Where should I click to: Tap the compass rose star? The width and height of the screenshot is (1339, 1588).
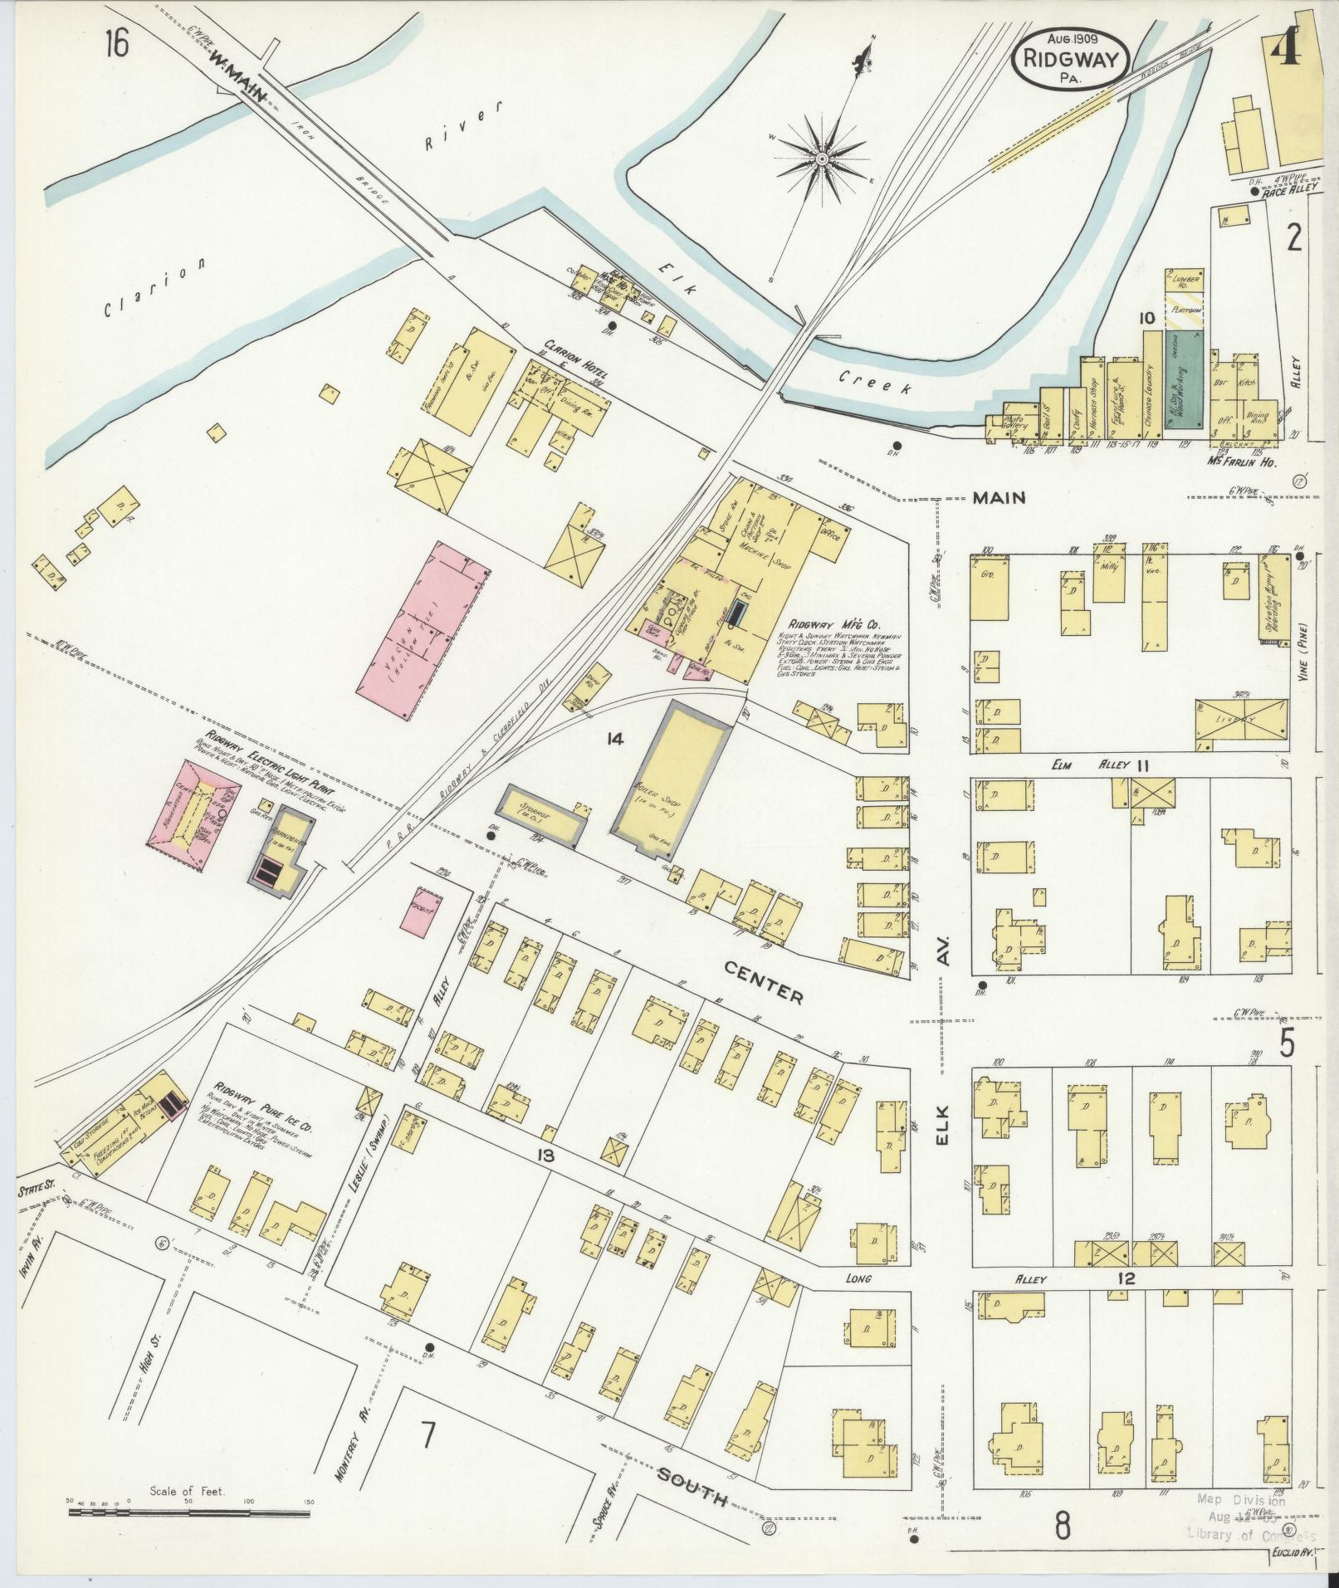point(821,158)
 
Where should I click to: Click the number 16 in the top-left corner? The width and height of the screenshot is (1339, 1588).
point(116,44)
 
